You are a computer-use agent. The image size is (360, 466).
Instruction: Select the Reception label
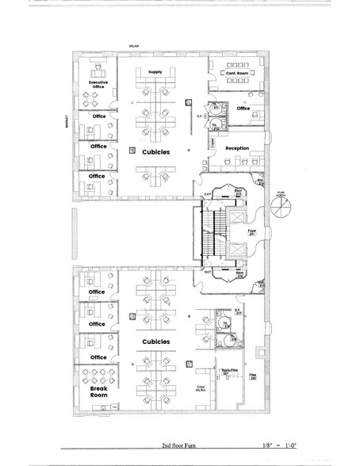click(x=237, y=148)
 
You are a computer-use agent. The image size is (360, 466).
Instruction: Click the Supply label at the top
click(x=155, y=72)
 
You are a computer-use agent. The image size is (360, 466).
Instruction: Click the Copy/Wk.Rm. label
click(x=201, y=388)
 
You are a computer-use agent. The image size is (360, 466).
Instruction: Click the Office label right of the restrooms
click(x=243, y=108)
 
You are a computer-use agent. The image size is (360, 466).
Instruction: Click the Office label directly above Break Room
click(x=97, y=357)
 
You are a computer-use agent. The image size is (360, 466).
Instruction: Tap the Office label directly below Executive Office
click(x=98, y=116)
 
